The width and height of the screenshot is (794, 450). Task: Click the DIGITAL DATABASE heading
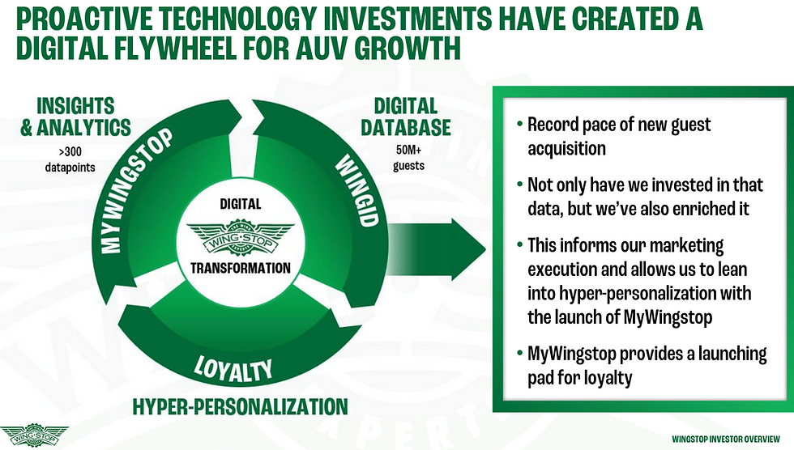407,117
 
